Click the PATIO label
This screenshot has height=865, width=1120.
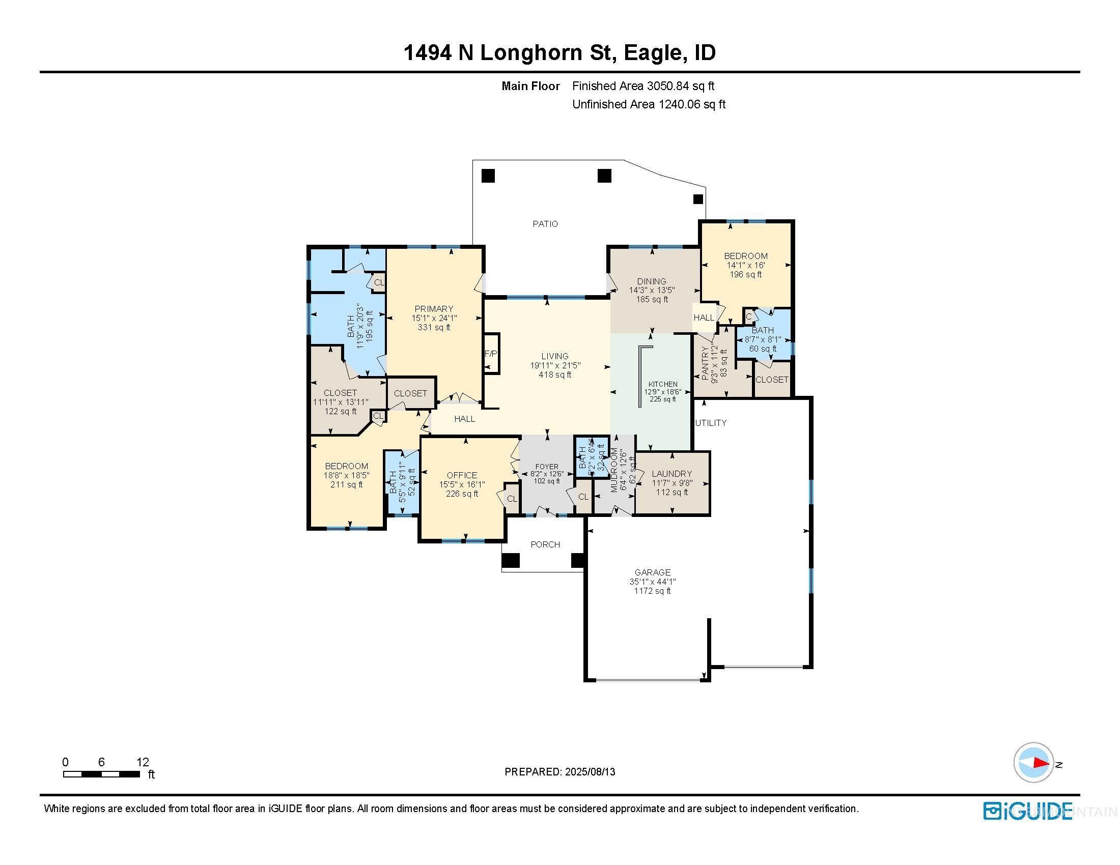pos(545,224)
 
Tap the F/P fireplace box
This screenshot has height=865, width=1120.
pos(491,354)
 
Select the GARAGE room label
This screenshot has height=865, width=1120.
pos(652,572)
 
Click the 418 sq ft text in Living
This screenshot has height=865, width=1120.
pos(555,374)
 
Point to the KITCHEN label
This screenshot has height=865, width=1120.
pos(662,384)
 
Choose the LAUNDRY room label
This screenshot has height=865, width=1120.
pos(671,474)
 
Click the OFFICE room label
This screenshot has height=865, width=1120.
pos(462,475)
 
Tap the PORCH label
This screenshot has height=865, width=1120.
pos(545,544)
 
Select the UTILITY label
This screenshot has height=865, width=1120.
pos(711,423)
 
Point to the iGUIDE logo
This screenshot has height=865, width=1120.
pos(1028,811)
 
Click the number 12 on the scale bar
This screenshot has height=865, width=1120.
pos(143,762)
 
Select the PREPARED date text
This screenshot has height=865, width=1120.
pos(559,772)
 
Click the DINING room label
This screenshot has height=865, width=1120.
pos(651,281)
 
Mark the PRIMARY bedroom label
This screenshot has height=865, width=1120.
pos(434,308)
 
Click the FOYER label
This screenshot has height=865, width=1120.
pos(547,467)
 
